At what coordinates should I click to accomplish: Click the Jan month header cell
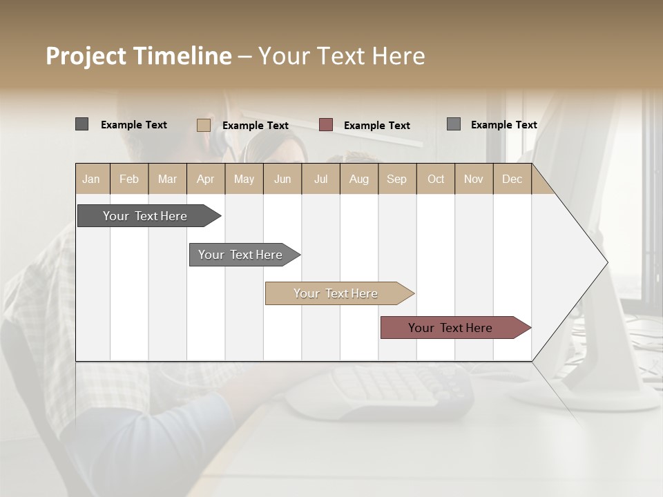[91, 179]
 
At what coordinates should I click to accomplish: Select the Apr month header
[205, 179]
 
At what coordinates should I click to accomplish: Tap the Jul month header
[320, 179]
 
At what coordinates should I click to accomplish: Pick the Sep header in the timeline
[396, 179]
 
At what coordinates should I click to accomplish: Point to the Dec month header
[512, 179]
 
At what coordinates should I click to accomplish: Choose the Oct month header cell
[436, 179]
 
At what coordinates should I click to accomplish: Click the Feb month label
[129, 179]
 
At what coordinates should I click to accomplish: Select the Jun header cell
[282, 179]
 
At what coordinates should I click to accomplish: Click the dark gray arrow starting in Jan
[145, 216]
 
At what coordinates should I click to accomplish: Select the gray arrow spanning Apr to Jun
[240, 255]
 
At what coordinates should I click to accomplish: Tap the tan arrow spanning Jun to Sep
[336, 293]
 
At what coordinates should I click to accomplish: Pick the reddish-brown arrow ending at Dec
[450, 328]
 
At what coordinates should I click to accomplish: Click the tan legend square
[204, 125]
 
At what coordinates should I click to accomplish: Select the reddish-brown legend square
[326, 125]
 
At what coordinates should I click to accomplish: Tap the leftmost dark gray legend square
[81, 124]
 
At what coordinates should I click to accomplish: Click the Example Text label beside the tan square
[255, 126]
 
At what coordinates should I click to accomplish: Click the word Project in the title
[86, 56]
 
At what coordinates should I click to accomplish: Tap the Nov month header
[473, 179]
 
